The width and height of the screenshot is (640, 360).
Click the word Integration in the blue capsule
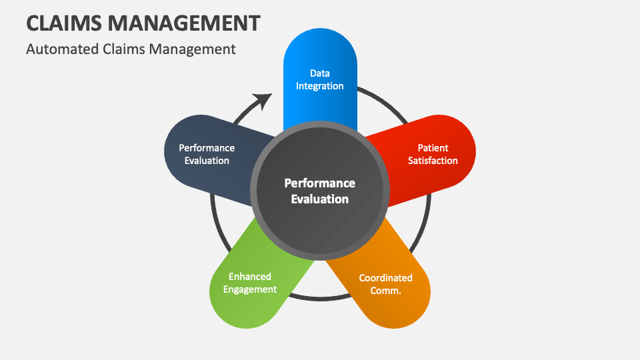[320, 86]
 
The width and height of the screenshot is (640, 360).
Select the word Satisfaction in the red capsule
[433, 161]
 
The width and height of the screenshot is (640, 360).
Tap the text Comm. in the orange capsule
[386, 291]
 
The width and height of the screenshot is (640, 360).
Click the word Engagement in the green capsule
[250, 289]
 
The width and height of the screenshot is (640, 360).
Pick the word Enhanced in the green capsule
[250, 277]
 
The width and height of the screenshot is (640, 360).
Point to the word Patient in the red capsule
[433, 148]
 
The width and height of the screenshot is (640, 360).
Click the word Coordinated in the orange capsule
[386, 278]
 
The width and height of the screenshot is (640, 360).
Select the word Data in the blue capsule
[320, 73]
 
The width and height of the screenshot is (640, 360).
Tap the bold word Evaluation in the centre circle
[320, 199]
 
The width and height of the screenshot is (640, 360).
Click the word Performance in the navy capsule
[207, 148]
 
